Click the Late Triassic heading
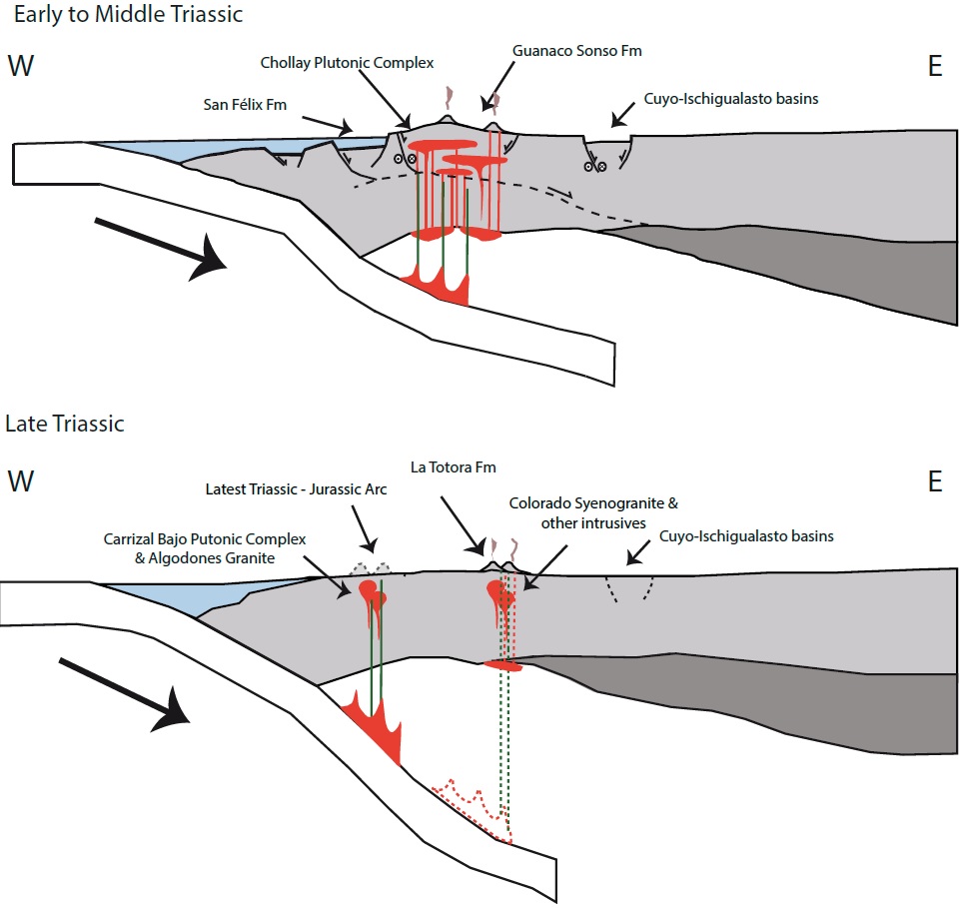(x=65, y=424)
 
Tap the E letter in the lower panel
(x=935, y=482)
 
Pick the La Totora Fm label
(x=454, y=467)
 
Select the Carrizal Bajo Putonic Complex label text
(x=204, y=547)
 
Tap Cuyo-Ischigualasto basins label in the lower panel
(x=747, y=536)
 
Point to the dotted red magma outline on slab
(x=475, y=804)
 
